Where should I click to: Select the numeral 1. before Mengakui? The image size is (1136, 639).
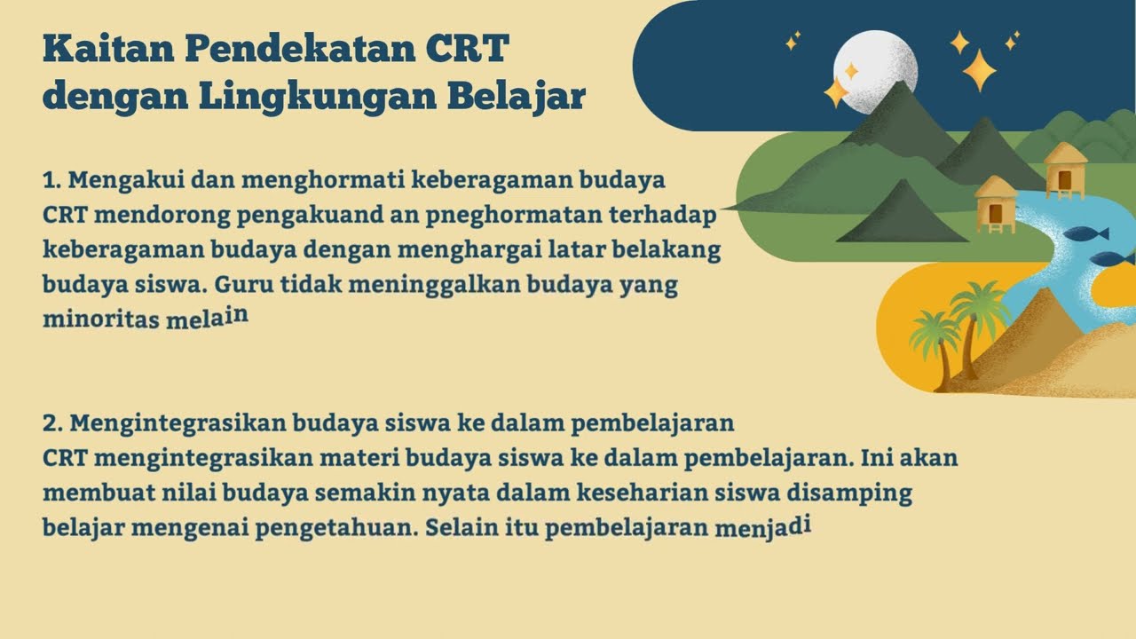[51, 181]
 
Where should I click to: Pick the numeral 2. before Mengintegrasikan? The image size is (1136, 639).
[51, 422]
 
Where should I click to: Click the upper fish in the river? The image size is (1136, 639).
[1085, 233]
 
